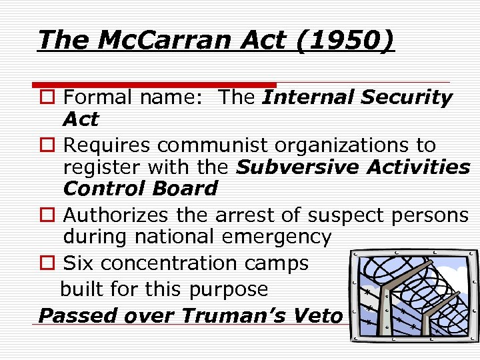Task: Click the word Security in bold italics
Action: click(407, 97)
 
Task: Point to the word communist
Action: click(216, 145)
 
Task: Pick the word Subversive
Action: click(290, 167)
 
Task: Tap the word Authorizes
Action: click(117, 215)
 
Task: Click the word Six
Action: click(79, 263)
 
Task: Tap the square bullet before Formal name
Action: click(47, 98)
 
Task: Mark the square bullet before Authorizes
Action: click(47, 215)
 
